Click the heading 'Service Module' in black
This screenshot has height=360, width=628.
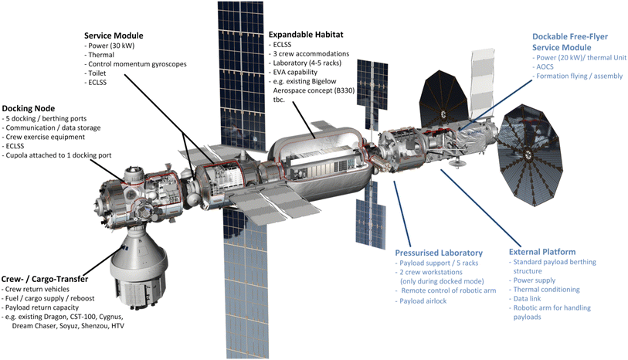pyautogui.click(x=117, y=36)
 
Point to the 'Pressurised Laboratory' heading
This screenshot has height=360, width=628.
pyautogui.click(x=439, y=253)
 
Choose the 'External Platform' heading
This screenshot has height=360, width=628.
pyautogui.click(x=542, y=252)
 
